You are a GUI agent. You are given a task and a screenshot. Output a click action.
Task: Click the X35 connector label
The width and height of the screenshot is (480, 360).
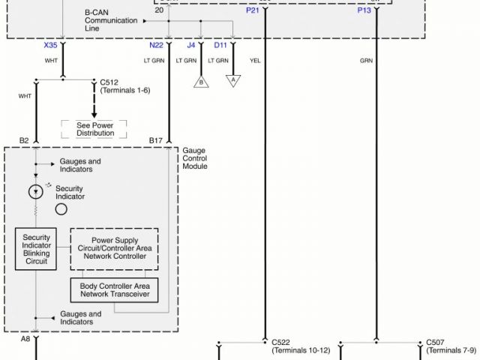(50, 45)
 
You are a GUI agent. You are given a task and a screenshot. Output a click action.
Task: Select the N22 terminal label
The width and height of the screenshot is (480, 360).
(157, 45)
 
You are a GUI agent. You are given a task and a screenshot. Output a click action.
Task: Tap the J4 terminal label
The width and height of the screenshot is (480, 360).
(190, 45)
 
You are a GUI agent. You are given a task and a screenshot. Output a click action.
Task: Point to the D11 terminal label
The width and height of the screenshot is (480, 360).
(220, 45)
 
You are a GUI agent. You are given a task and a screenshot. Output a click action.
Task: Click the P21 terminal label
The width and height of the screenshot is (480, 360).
(253, 11)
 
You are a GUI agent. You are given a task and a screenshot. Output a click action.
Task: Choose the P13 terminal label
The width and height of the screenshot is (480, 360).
(364, 11)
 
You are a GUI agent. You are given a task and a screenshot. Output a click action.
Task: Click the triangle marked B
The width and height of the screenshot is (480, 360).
(200, 80)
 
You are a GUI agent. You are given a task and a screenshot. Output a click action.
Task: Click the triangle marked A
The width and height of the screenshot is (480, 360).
(233, 80)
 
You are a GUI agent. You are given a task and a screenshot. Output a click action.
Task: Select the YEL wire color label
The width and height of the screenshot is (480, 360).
(256, 59)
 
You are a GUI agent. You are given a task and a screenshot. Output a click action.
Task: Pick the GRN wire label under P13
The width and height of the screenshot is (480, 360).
(366, 59)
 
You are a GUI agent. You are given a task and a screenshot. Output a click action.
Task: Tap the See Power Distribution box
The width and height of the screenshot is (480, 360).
(95, 129)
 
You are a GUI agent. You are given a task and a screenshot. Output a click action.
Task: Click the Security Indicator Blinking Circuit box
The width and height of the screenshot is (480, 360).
(36, 249)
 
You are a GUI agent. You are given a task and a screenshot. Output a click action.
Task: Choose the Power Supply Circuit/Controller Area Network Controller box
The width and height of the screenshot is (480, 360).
(115, 249)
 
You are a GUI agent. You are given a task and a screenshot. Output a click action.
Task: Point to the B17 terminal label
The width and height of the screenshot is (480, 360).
(156, 140)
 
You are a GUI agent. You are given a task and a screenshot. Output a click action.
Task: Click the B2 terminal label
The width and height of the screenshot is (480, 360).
(24, 140)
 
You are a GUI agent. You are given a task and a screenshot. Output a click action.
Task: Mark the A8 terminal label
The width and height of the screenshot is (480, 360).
(25, 338)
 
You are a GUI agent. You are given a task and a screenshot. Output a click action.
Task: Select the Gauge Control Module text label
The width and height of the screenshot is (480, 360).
(195, 158)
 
